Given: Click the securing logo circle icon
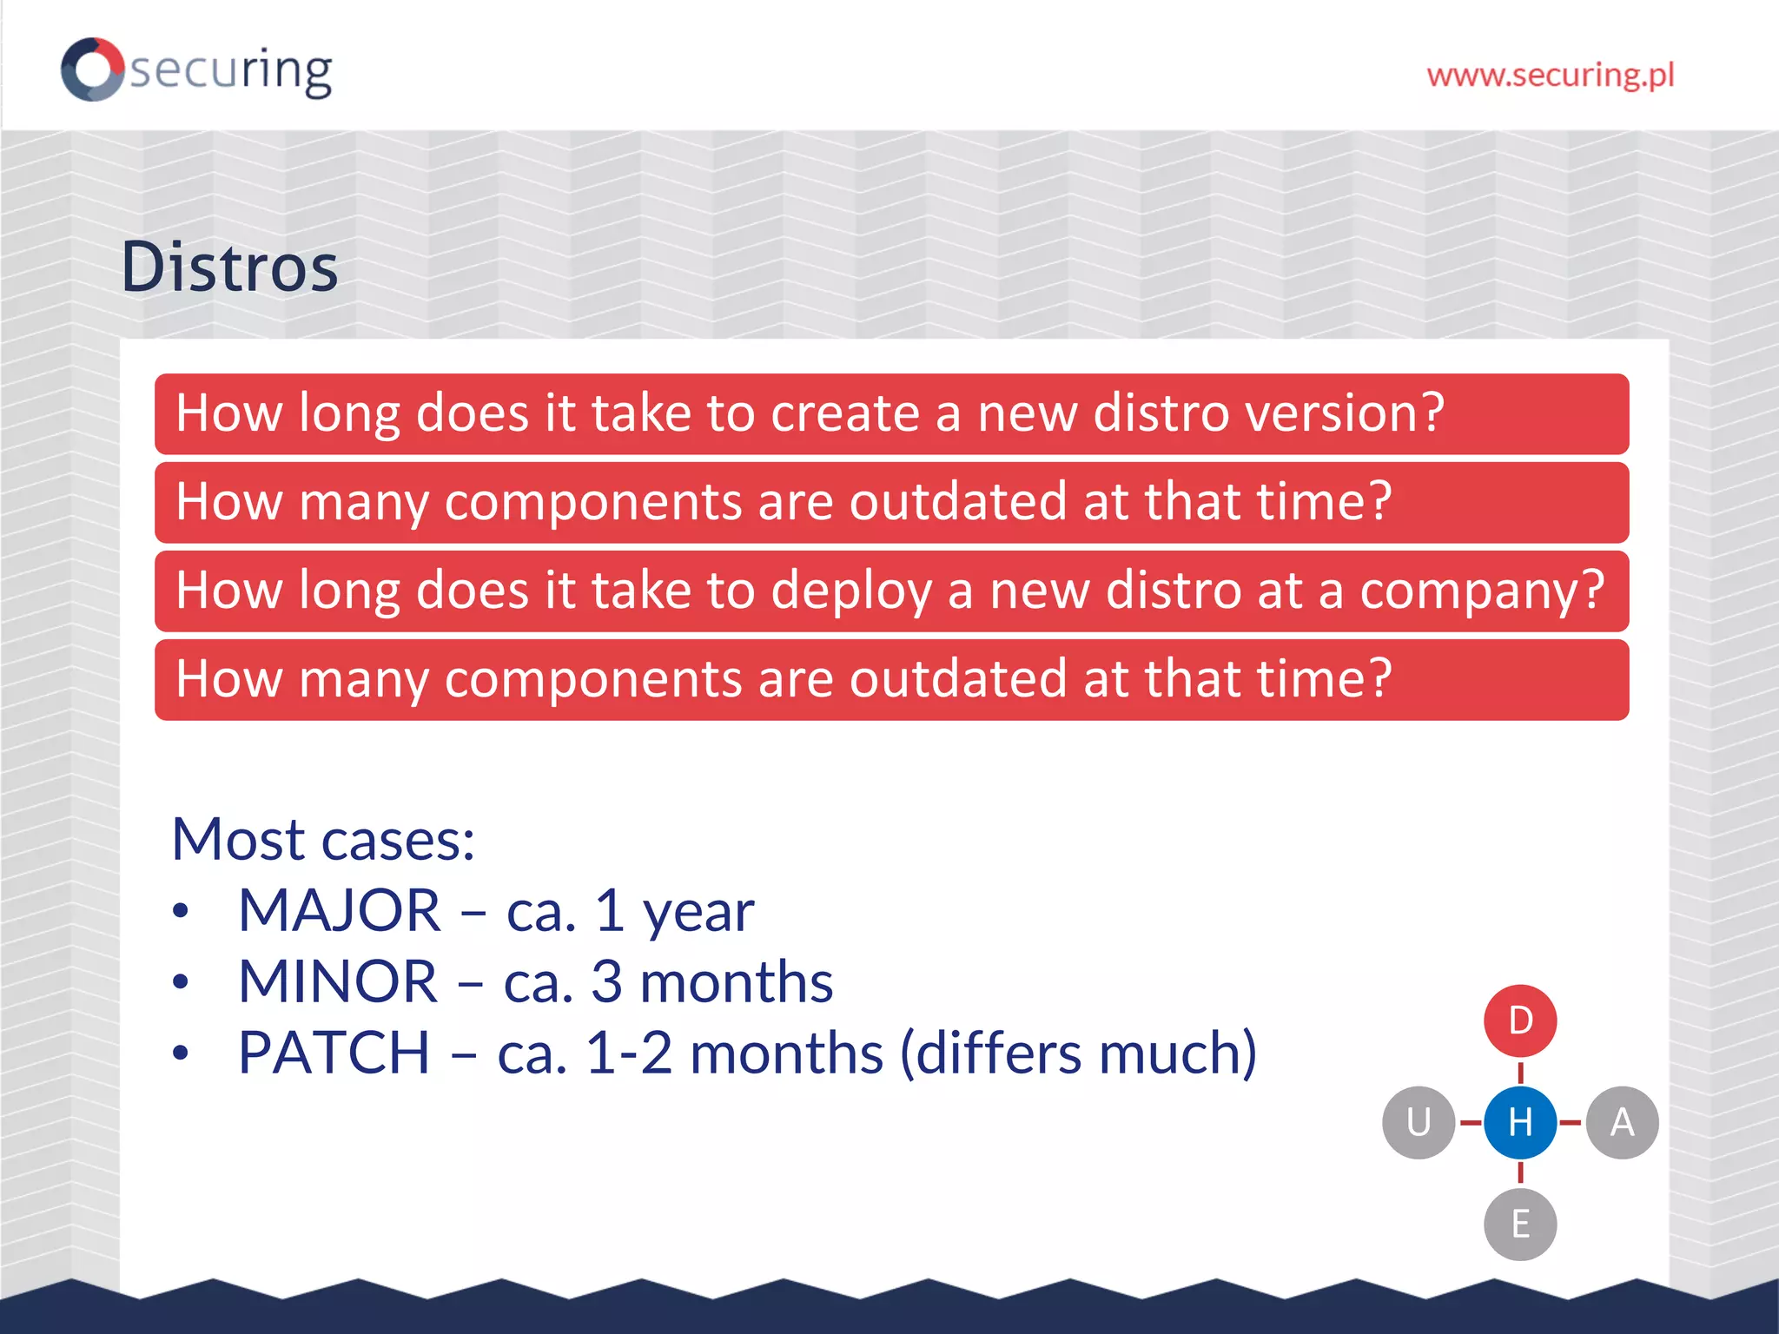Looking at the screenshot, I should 92,69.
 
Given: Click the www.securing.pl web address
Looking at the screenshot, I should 1550,76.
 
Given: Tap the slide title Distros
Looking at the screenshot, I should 229,267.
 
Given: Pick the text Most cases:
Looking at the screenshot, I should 323,840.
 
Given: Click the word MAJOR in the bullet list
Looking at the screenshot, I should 339,911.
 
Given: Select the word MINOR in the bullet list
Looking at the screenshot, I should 337,982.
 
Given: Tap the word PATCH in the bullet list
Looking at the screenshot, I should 334,1053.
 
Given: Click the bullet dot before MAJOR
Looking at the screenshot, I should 180,912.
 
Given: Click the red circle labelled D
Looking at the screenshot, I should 1520,1020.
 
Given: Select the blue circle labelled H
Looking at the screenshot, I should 1520,1122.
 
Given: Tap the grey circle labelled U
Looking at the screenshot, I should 1419,1122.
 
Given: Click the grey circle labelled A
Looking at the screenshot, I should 1622,1122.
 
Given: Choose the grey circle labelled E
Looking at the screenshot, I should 1520,1224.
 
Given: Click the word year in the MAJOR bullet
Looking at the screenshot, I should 698,914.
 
